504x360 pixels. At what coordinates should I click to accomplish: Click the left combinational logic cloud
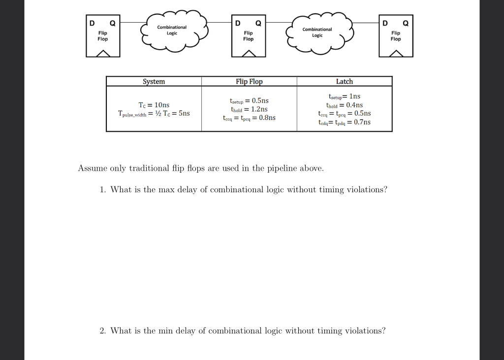click(x=174, y=30)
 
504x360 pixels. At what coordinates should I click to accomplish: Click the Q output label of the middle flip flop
click(x=258, y=23)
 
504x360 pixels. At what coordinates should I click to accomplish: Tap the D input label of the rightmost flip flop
click(x=385, y=23)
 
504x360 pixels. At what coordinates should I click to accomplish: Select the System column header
click(x=154, y=82)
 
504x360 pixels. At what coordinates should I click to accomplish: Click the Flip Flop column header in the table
click(x=249, y=82)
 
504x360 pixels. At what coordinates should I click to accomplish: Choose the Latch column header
click(x=345, y=82)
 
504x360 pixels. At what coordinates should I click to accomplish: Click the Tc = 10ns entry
click(x=154, y=105)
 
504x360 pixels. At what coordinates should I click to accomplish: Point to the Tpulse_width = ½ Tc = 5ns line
click(x=154, y=114)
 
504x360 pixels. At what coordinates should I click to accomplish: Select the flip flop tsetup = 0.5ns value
click(x=249, y=100)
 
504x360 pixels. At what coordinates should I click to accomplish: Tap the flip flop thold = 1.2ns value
click(x=249, y=109)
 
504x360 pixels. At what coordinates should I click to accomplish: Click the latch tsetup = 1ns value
click(x=345, y=96)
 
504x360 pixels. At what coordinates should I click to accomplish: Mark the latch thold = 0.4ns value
click(x=345, y=105)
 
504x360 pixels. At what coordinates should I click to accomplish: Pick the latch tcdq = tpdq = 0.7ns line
click(x=345, y=122)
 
